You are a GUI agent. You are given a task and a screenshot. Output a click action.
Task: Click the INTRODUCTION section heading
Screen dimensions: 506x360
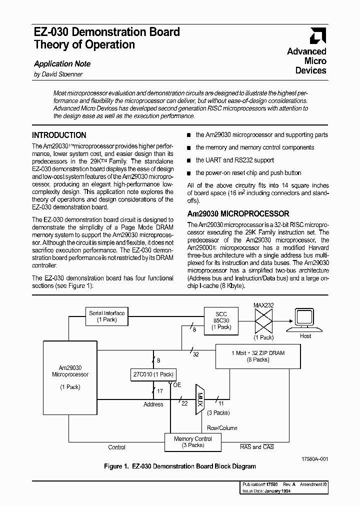[59, 135]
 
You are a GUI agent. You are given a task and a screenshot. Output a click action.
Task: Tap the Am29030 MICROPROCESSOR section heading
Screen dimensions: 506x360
[238, 213]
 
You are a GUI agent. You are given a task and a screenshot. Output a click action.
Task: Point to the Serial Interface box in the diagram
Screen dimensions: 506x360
[106, 316]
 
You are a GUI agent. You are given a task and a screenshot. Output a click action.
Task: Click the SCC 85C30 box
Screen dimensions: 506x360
[221, 319]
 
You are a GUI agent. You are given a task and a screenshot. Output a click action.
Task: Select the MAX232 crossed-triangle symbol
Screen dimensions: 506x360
[263, 320]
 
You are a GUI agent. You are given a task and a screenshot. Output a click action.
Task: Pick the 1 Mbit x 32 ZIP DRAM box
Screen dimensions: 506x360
[257, 356]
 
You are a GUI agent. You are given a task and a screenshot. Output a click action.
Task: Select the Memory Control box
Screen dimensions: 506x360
[192, 441]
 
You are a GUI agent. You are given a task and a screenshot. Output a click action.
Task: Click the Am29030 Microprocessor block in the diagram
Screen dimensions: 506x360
[70, 377]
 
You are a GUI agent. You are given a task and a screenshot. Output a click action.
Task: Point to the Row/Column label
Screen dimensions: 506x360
[222, 428]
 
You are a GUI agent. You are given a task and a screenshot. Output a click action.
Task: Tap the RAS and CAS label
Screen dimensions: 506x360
[256, 447]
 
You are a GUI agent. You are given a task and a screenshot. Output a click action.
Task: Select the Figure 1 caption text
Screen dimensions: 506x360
[179, 466]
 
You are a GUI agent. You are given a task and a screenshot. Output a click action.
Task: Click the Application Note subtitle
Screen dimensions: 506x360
[62, 63]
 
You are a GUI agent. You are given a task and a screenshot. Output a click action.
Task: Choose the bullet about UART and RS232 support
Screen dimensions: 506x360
[234, 160]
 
